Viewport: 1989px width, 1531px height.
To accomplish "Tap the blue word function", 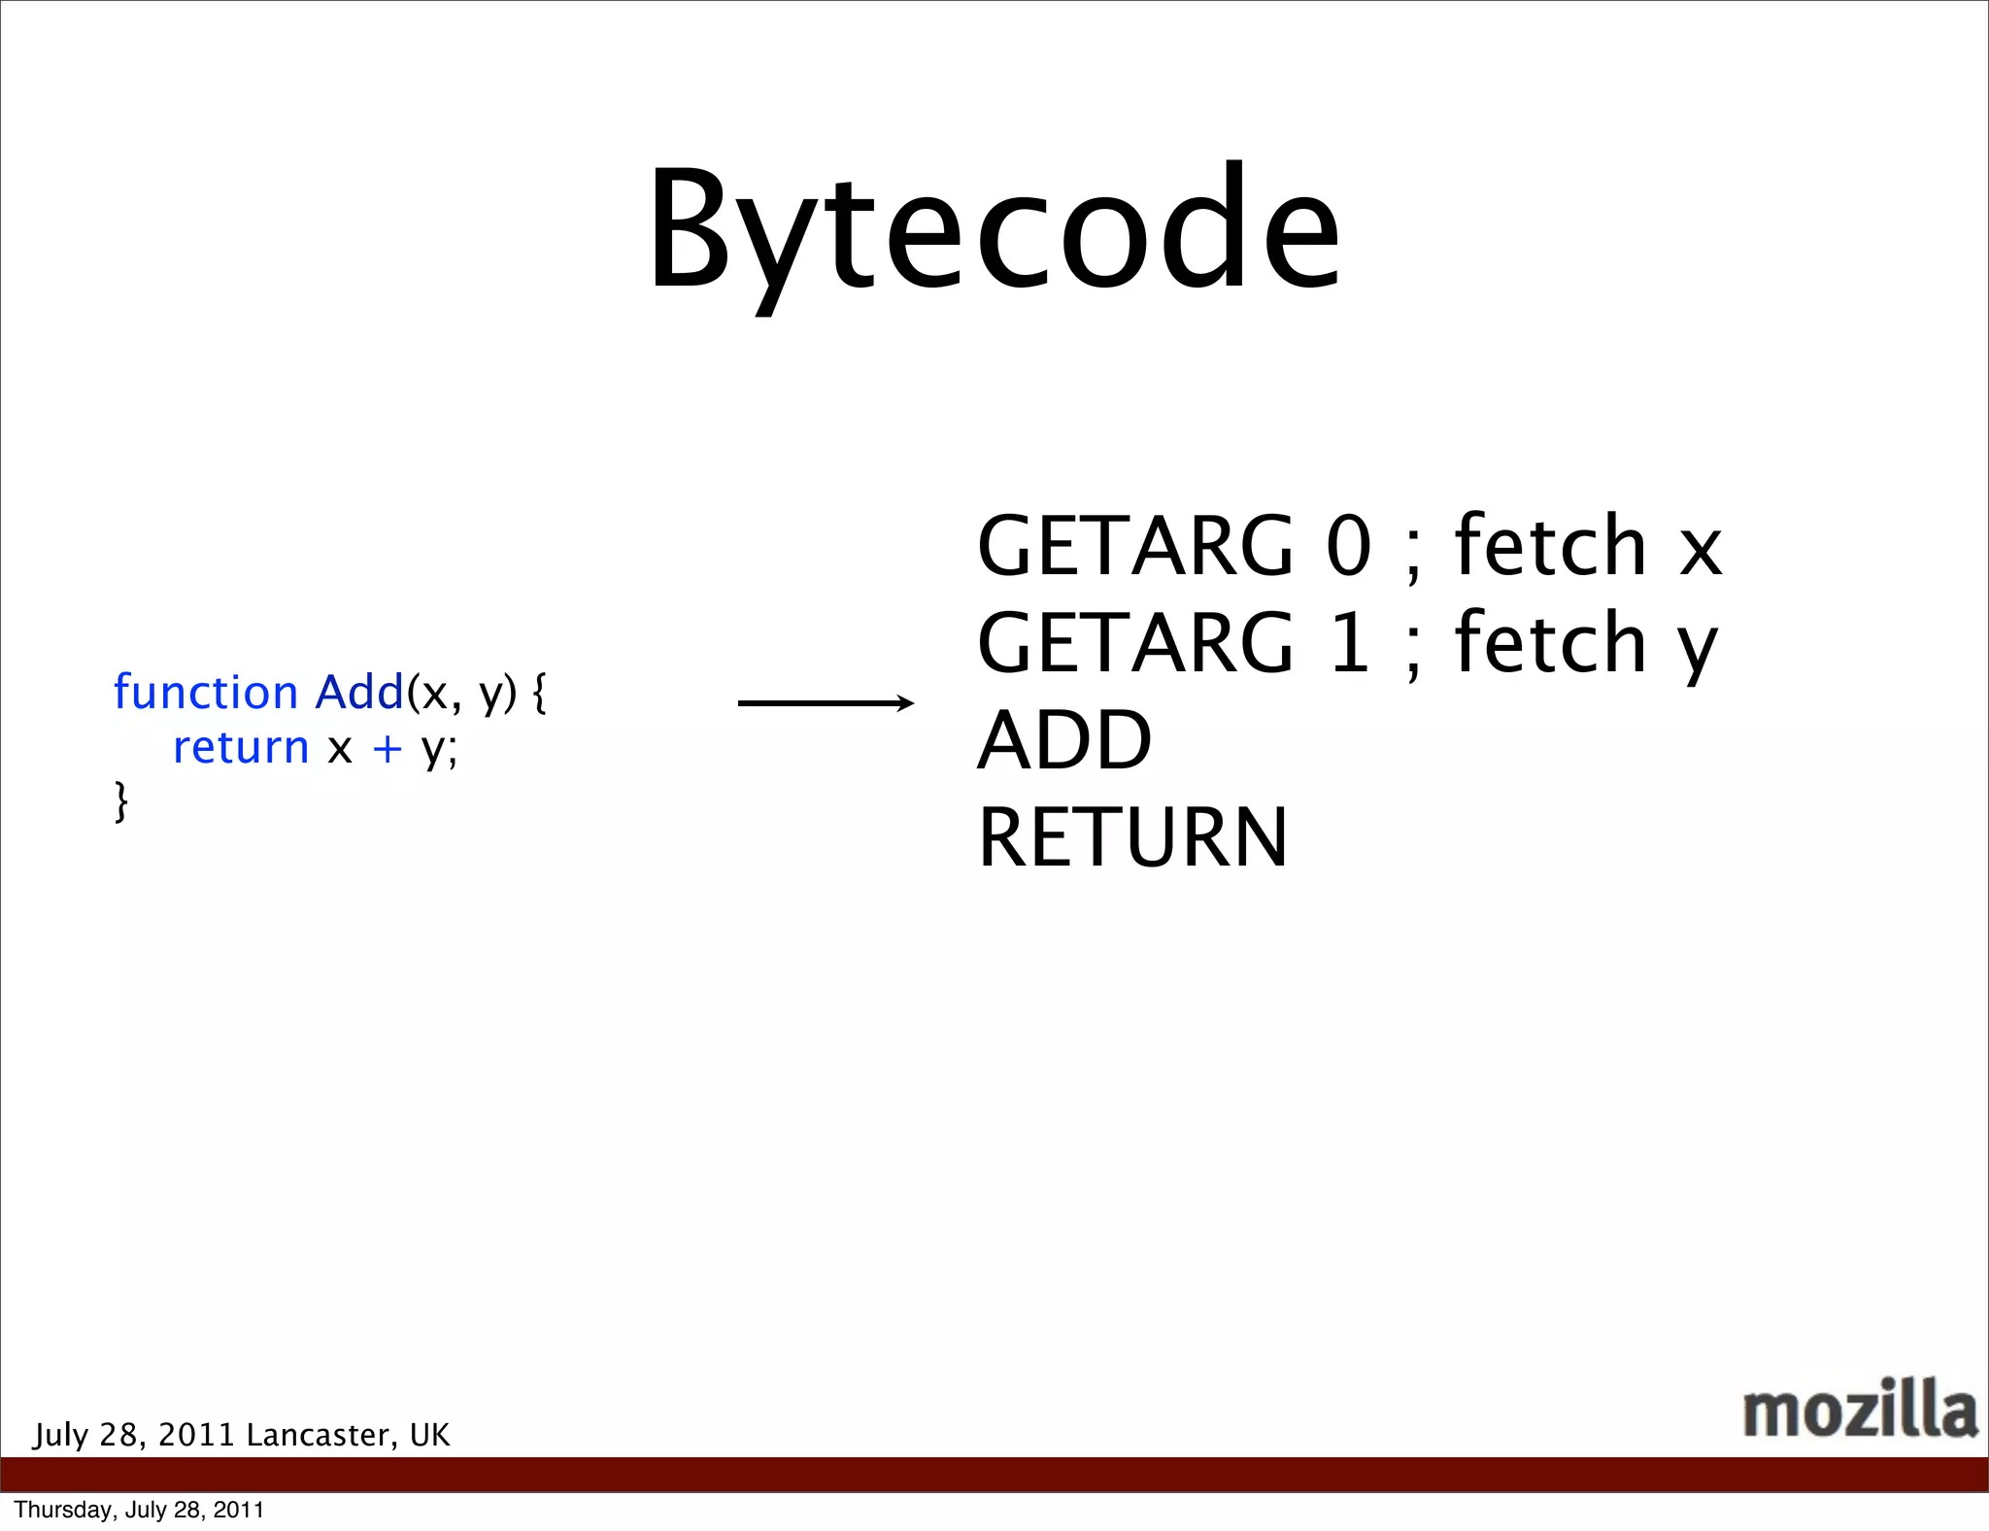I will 205,693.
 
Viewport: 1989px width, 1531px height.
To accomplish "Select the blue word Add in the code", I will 359,692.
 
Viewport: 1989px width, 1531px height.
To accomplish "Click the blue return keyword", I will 241,747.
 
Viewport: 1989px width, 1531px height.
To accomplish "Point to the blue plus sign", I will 387,748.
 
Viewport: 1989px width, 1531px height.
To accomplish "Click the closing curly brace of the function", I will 121,801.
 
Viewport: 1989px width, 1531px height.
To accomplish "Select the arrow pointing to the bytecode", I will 826,702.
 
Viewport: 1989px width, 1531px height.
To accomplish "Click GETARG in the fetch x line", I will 1135,546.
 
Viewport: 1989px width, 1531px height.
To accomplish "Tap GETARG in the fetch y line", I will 1135,643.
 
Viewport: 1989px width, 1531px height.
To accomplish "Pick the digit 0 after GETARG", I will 1349,546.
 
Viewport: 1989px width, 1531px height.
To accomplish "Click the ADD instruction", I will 1064,740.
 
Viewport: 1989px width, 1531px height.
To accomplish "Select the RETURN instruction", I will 1132,837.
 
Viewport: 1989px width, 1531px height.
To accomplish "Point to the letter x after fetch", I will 1701,550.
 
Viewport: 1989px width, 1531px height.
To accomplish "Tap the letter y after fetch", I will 1698,649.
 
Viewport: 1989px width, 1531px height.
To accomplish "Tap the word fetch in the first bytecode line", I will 1550,545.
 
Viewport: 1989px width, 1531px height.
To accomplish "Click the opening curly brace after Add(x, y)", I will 540,694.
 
